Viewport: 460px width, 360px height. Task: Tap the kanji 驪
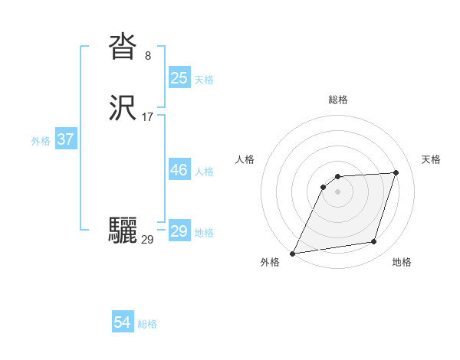coord(123,230)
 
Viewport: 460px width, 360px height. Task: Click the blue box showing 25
coord(179,77)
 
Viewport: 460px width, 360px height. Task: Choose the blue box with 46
coord(179,170)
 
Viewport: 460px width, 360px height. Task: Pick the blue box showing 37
coord(65,140)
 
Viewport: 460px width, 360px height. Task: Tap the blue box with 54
coord(123,322)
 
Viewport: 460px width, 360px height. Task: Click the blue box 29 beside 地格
coord(179,231)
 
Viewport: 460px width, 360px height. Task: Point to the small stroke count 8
coord(148,56)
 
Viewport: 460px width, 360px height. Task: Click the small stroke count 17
coord(148,118)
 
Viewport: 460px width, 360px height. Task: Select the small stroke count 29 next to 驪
coord(148,240)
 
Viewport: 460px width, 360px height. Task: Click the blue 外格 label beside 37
coord(41,141)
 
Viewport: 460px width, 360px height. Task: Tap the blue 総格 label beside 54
coord(147,324)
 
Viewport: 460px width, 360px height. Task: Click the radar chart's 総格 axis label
coord(338,100)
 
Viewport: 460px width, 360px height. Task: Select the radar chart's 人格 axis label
coord(245,159)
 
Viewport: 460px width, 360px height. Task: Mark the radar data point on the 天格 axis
coord(396,172)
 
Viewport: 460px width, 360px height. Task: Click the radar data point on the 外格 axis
coord(293,254)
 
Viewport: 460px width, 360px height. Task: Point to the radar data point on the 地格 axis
coord(374,242)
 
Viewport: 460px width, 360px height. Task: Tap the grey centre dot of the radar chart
coord(338,191)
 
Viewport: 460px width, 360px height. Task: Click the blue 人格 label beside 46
coord(205,172)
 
